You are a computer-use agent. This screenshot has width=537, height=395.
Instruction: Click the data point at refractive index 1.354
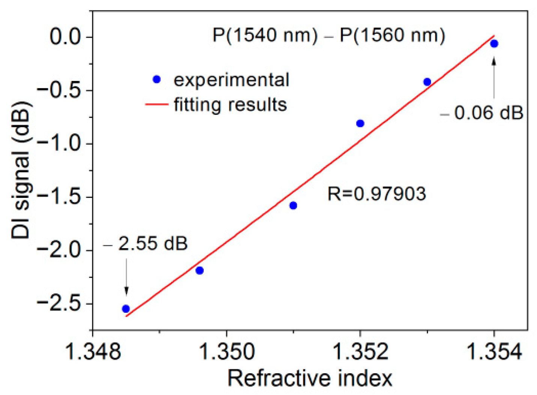494,44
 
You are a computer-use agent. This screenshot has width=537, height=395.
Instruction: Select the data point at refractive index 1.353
427,82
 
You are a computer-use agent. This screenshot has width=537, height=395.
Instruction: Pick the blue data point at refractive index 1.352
360,124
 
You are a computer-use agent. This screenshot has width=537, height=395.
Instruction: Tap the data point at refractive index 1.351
293,205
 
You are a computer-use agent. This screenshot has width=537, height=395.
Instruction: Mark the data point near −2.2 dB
200,270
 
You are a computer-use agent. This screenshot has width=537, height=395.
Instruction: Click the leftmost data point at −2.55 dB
126,309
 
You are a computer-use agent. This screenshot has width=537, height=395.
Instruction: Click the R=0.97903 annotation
376,194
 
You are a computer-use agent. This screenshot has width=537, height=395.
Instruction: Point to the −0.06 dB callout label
482,113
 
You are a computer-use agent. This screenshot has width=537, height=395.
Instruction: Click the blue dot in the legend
157,79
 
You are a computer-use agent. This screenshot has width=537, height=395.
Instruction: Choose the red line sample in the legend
156,104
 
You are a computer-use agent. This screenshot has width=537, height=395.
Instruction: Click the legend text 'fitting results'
230,104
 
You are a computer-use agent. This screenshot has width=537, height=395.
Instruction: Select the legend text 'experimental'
231,80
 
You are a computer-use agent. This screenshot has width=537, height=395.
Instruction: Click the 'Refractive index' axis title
310,378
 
